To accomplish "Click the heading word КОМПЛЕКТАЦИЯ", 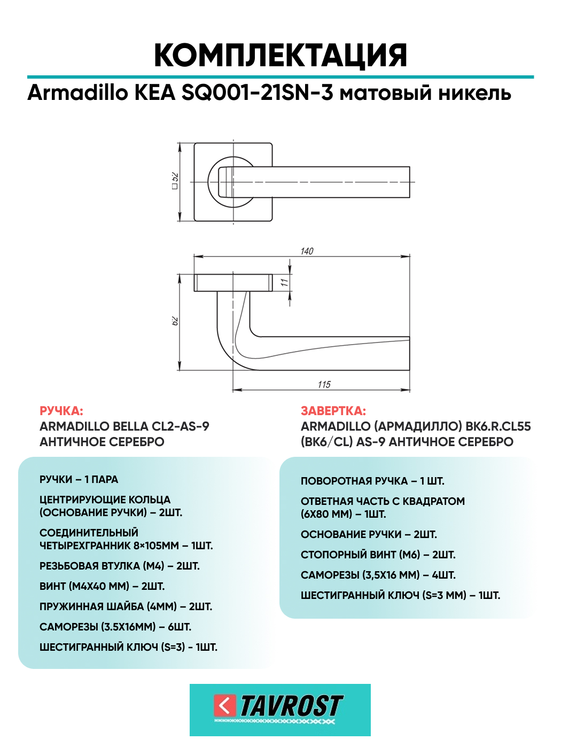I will pos(280,55).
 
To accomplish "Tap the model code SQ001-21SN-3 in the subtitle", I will pos(257,93).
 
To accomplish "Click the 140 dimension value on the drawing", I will pos(307,251).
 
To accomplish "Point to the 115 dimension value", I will pos(324,384).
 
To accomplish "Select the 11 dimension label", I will pos(285,282).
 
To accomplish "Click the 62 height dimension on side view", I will pos(175,321).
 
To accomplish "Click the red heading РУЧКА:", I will pos(61,411).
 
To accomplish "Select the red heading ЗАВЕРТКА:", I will pos(333,411).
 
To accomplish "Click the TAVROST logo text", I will pos(291,706).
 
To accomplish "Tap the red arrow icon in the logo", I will pos(225,705).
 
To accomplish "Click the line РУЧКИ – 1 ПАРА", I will pos(79,479).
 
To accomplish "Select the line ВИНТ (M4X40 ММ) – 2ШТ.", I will pos(102,586).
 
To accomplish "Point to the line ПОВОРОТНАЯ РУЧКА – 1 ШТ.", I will pos(372,481).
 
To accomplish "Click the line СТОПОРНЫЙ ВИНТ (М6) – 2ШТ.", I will pos(378,555).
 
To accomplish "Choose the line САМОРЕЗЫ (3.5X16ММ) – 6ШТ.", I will pos(115,627).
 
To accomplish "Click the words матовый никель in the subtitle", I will pos(425,93).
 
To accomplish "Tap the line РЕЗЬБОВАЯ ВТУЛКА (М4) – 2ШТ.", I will pos(119,566).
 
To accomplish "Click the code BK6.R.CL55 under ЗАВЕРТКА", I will pos(498,426).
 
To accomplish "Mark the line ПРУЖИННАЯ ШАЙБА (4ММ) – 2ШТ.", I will pos(126,606).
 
